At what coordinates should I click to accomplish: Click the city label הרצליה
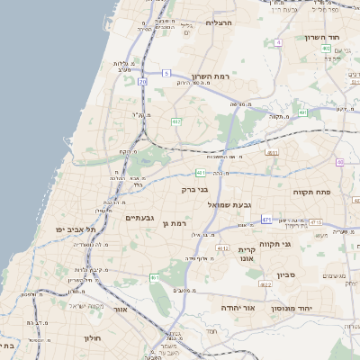220,22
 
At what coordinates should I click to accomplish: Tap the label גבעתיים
141,217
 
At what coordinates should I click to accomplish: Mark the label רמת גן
177,222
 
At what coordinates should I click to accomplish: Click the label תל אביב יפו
76,229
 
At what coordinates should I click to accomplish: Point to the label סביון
286,274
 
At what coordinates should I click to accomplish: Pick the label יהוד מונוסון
315,308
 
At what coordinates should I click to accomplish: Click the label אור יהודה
238,308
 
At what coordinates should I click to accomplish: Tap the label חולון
93,338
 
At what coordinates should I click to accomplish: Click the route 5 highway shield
166,73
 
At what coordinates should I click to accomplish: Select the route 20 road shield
142,82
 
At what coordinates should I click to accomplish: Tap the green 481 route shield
200,173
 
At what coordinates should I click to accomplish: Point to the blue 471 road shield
266,219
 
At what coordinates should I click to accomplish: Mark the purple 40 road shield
340,162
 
